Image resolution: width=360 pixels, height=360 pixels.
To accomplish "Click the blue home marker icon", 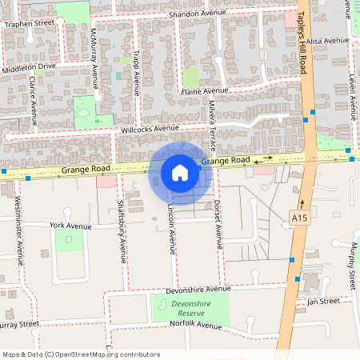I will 180,172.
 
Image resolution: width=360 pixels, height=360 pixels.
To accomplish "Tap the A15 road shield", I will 299,218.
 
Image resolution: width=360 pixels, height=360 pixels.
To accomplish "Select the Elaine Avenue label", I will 205,91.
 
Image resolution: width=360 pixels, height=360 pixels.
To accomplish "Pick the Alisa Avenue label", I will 328,40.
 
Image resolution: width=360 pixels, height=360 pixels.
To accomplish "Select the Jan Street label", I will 324,301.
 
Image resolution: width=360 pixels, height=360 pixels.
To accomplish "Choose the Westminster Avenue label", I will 18,229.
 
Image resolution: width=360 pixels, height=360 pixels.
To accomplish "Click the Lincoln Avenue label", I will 171,226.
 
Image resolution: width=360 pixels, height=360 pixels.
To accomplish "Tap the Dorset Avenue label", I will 217,218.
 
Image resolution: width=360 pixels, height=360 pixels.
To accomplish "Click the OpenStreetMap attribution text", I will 81,354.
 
